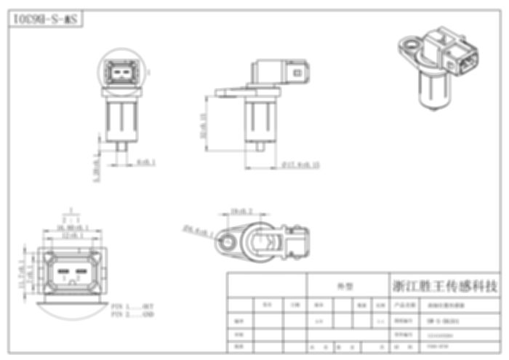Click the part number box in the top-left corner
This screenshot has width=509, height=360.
(x=44, y=20)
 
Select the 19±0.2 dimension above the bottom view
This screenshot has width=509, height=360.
(x=241, y=212)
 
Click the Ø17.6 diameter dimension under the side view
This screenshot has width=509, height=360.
(x=300, y=165)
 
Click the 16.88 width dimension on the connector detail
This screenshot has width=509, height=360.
(x=72, y=228)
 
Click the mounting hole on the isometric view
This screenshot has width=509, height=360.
(x=411, y=48)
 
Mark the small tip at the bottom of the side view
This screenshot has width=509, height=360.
(x=260, y=147)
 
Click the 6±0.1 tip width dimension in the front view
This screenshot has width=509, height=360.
(x=146, y=161)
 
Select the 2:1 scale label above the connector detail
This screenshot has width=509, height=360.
(x=71, y=219)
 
